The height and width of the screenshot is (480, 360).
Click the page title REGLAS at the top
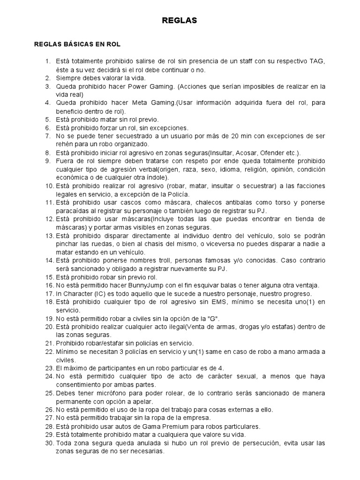pos(180,21)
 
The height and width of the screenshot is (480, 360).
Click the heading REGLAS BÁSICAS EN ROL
pos(77,45)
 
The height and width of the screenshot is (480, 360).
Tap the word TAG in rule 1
pos(317,61)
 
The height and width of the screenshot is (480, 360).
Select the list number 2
pos(48,78)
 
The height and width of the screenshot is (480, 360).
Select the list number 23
pos(49,368)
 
